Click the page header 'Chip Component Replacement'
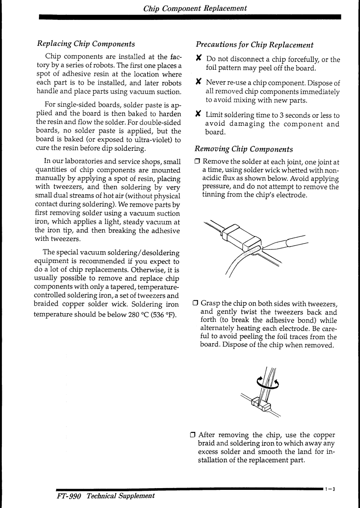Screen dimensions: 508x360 [195, 8]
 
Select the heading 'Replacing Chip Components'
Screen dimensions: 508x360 [86, 44]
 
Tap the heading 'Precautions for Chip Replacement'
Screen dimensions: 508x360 [254, 45]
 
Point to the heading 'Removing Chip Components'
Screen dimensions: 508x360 [244, 149]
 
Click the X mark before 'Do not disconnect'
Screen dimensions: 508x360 [198, 59]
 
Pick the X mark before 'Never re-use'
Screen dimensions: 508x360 [198, 82]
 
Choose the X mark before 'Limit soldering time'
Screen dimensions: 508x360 [198, 115]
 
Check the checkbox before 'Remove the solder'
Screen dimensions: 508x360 [197, 162]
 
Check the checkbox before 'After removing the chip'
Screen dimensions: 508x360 [193, 435]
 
